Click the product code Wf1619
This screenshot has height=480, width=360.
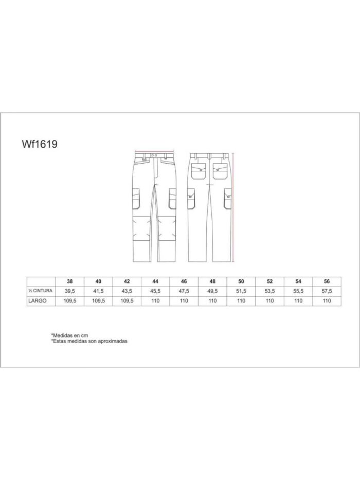click(x=40, y=144)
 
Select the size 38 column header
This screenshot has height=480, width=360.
click(x=70, y=281)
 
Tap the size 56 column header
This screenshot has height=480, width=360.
click(x=327, y=281)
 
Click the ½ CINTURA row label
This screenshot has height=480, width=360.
click(x=41, y=291)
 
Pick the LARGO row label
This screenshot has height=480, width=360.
click(x=38, y=300)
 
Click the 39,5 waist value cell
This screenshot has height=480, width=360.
click(x=70, y=291)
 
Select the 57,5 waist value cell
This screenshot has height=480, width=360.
click(x=327, y=291)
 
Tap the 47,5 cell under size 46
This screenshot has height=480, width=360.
click(x=184, y=291)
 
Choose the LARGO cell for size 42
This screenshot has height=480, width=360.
click(x=127, y=301)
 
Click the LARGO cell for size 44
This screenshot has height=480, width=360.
click(x=155, y=301)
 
